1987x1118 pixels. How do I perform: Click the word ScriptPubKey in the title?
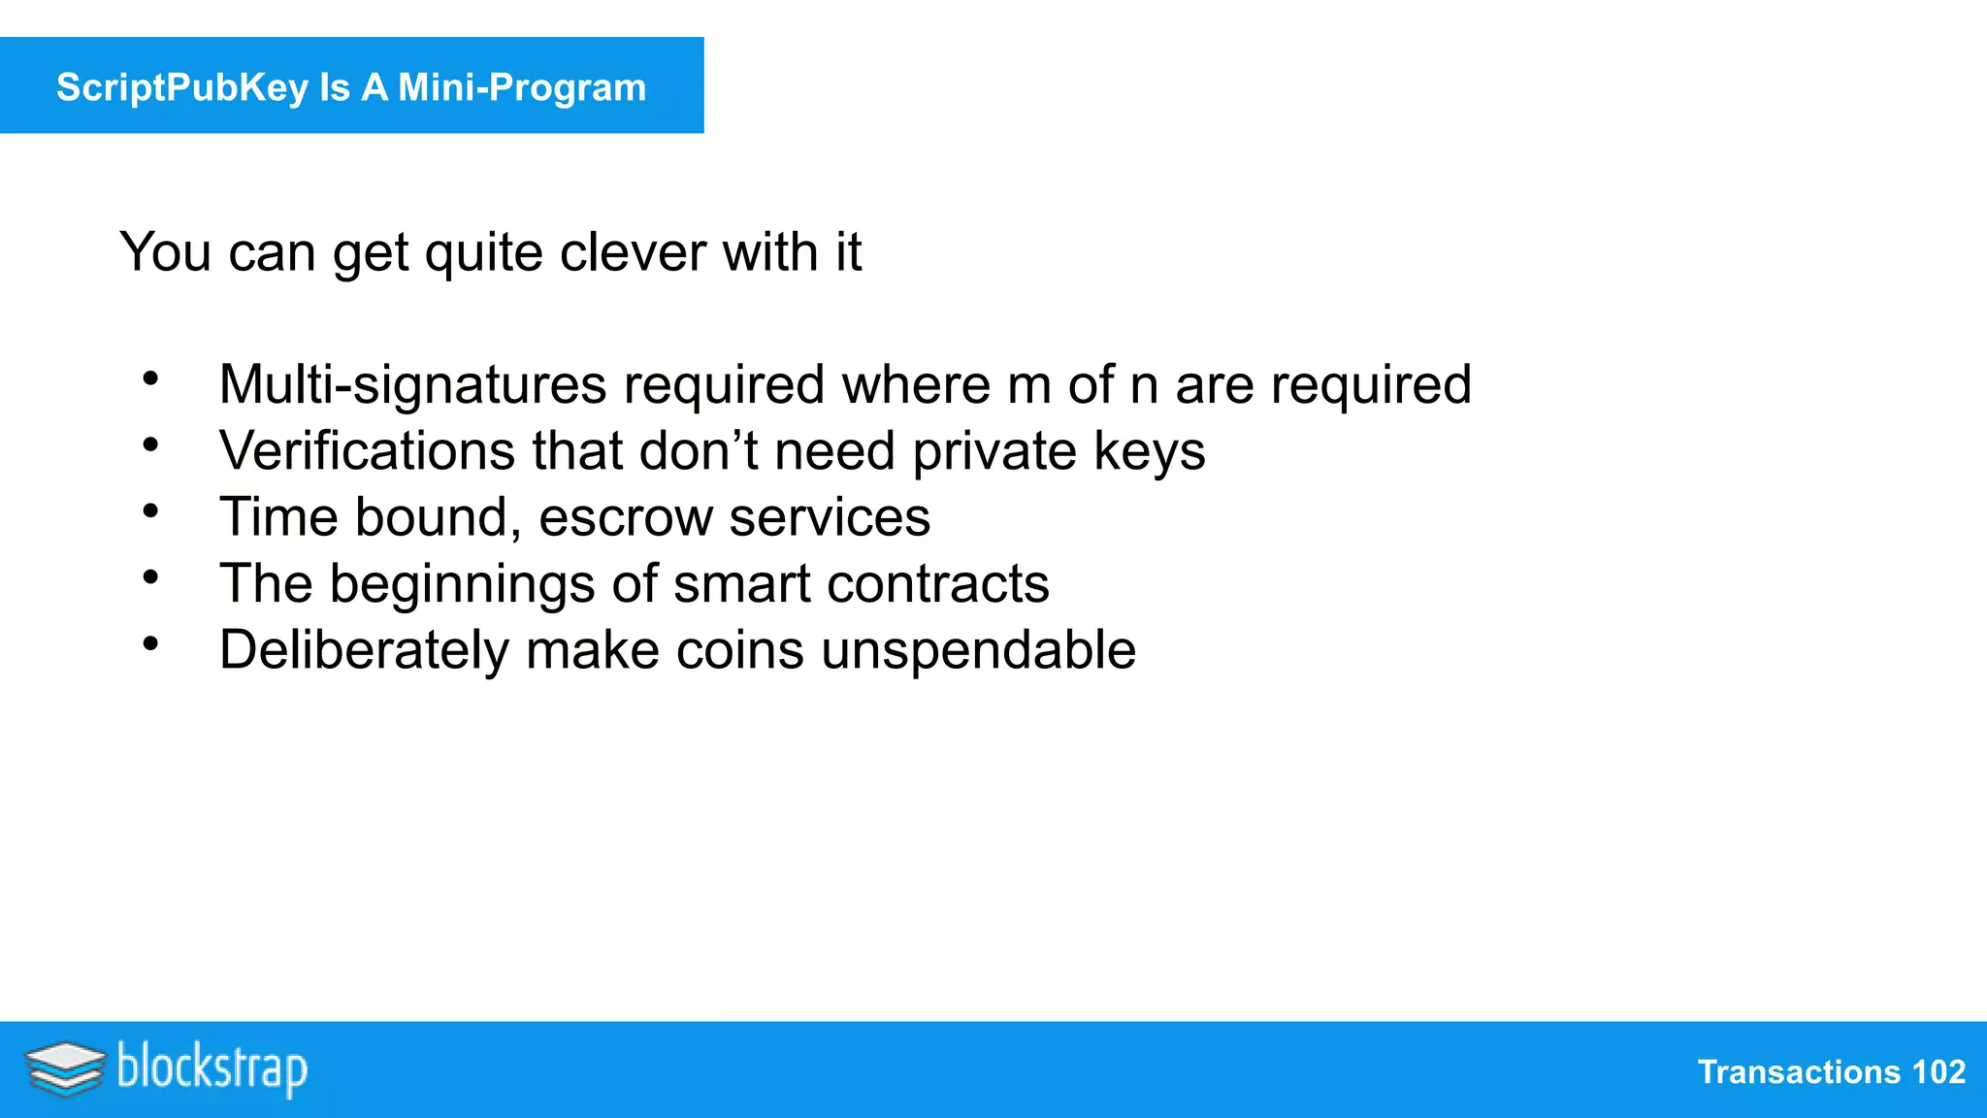pyautogui.click(x=181, y=87)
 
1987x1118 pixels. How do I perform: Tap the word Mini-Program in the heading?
pyautogui.click(x=522, y=87)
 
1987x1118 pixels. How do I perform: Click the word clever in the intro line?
pyautogui.click(x=633, y=252)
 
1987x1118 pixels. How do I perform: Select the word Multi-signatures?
pyautogui.click(x=412, y=384)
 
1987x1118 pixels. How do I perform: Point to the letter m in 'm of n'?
pyautogui.click(x=1028, y=386)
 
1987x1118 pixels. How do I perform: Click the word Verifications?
pyautogui.click(x=367, y=451)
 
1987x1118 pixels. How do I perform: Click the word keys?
pyautogui.click(x=1149, y=452)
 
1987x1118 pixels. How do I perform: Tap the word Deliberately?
pyautogui.click(x=364, y=650)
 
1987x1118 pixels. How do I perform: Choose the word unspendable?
pyautogui.click(x=978, y=650)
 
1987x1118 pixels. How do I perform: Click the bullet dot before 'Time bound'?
pyautogui.click(x=150, y=510)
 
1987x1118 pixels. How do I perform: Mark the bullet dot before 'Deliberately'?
pyautogui.click(x=150, y=642)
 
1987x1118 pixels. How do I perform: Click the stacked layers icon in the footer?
pyautogui.click(x=65, y=1069)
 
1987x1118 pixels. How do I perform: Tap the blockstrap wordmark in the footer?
pyautogui.click(x=212, y=1069)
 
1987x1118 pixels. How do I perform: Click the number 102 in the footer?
pyautogui.click(x=1938, y=1072)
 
